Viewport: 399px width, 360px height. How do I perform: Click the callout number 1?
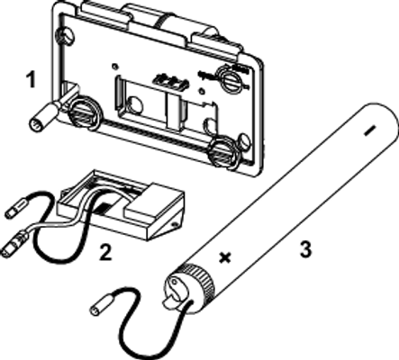(31, 79)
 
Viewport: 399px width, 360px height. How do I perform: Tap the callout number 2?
(105, 252)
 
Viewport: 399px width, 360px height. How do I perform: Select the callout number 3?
(305, 249)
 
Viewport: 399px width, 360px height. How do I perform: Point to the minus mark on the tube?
(370, 130)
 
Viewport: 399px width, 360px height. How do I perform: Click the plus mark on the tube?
(225, 257)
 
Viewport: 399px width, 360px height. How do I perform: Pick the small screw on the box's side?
(174, 224)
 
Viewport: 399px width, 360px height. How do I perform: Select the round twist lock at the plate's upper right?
(231, 79)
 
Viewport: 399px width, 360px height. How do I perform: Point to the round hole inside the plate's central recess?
(134, 104)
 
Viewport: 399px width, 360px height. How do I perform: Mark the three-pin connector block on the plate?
(171, 82)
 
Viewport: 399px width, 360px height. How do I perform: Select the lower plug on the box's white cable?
(14, 245)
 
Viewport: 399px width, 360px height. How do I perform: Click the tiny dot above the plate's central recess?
(114, 67)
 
